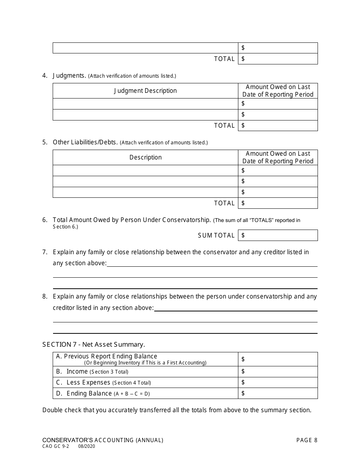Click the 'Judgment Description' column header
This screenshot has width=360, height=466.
145,91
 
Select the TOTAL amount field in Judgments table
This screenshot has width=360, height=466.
278,125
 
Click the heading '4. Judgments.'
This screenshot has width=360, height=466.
64,76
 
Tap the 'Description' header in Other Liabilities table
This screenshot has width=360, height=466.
145,158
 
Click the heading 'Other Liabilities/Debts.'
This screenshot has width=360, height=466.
85,142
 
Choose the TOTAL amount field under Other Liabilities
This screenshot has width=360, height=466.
278,203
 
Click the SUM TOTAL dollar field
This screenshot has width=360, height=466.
278,235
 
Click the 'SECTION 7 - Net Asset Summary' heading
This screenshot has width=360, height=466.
94,344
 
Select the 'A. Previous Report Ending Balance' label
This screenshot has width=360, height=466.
106,356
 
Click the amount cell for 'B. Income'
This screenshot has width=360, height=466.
278,371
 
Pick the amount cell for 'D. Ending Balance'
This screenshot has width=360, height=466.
278,393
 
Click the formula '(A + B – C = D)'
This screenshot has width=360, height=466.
132,394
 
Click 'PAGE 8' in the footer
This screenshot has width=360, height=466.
307,440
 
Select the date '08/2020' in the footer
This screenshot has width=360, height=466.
87,447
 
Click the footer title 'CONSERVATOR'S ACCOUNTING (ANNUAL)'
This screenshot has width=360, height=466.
103,440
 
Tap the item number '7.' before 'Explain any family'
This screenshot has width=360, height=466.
45,252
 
